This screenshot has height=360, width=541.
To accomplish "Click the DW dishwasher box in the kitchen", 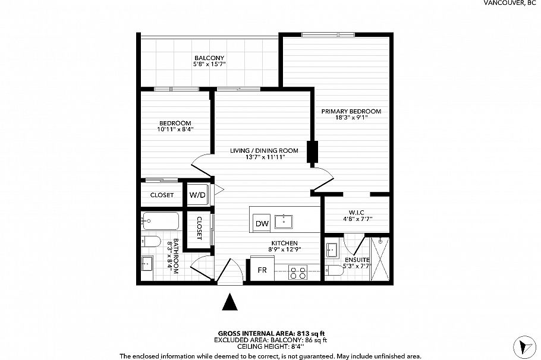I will point(262,223).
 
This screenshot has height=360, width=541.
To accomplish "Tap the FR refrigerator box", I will point(262,270).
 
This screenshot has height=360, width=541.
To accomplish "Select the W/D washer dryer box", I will point(197,195).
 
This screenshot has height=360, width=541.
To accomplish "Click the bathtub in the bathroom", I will point(161,222).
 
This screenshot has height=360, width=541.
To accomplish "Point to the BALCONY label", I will point(209,58).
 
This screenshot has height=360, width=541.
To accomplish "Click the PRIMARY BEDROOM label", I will point(351,111).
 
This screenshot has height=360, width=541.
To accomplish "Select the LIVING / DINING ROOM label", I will point(264,150).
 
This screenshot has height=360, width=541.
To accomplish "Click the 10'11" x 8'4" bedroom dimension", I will point(175,129).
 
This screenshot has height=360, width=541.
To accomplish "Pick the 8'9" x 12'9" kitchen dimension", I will point(284,250).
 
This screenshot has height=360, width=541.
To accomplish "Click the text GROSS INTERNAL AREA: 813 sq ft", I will point(271,333).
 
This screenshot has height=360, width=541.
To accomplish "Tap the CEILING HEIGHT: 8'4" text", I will point(271,347).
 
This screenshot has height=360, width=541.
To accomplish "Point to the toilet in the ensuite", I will point(335,271).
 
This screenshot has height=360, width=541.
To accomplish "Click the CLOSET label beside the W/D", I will point(162,195).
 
